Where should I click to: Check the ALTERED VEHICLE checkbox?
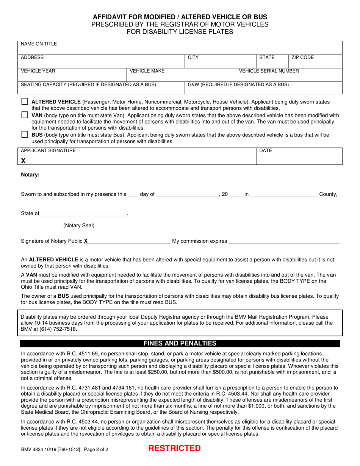click(x=25, y=102)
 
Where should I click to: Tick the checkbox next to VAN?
click(x=25, y=115)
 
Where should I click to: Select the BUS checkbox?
click(x=25, y=134)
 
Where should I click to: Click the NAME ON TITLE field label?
click(x=39, y=44)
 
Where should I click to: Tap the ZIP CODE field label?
click(x=302, y=58)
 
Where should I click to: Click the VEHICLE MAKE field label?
click(x=147, y=71)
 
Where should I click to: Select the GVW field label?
click(x=238, y=84)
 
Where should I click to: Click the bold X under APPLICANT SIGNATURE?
click(x=23, y=161)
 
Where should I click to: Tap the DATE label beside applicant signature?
click(x=266, y=151)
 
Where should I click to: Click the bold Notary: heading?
click(x=30, y=175)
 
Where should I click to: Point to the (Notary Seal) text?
click(x=79, y=226)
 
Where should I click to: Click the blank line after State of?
click(x=83, y=214)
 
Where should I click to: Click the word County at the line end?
click(x=328, y=194)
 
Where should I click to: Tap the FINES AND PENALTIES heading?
click(x=180, y=344)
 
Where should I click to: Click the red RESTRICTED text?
click(x=174, y=449)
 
